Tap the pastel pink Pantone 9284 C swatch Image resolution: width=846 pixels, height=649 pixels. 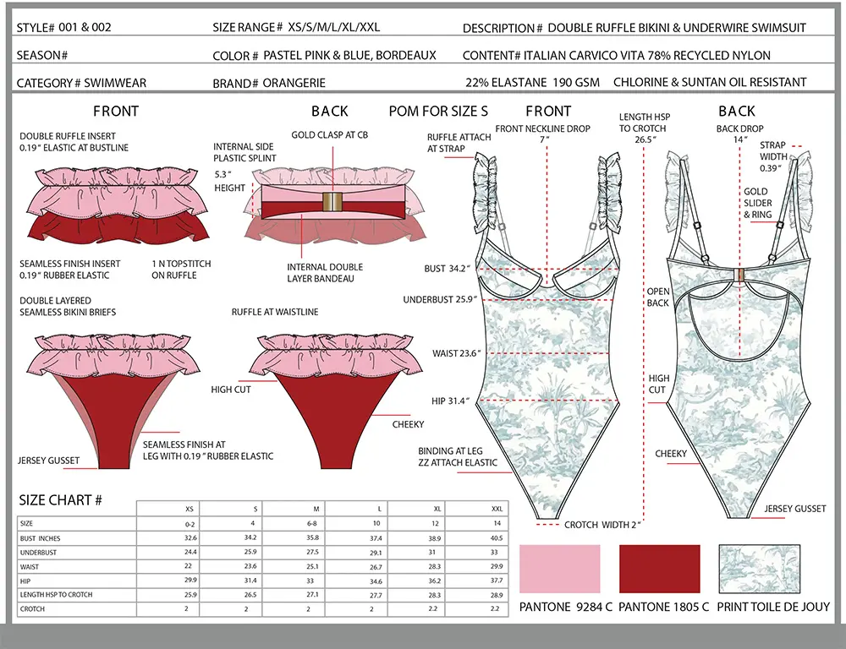tap(559, 569)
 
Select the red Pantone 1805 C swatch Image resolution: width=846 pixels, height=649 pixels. tap(659, 569)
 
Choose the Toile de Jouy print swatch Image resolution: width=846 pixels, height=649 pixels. tap(759, 569)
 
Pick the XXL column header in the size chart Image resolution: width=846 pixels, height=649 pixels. tap(497, 509)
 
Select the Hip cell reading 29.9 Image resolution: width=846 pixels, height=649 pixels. tap(190, 580)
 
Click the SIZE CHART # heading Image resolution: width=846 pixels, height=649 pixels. tap(60, 500)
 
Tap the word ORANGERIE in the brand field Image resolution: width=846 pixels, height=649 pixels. tap(294, 83)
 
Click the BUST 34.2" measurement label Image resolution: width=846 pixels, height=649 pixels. tap(448, 269)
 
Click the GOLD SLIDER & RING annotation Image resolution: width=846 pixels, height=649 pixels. tap(757, 203)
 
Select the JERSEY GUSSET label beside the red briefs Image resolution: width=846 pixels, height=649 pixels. tap(48, 461)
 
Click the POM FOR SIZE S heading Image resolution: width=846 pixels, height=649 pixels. tap(438, 111)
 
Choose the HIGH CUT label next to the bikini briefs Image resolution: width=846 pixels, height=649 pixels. tap(231, 390)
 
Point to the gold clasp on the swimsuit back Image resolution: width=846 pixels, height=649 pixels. tap(741, 275)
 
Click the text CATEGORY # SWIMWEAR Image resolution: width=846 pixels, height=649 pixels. tap(81, 83)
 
